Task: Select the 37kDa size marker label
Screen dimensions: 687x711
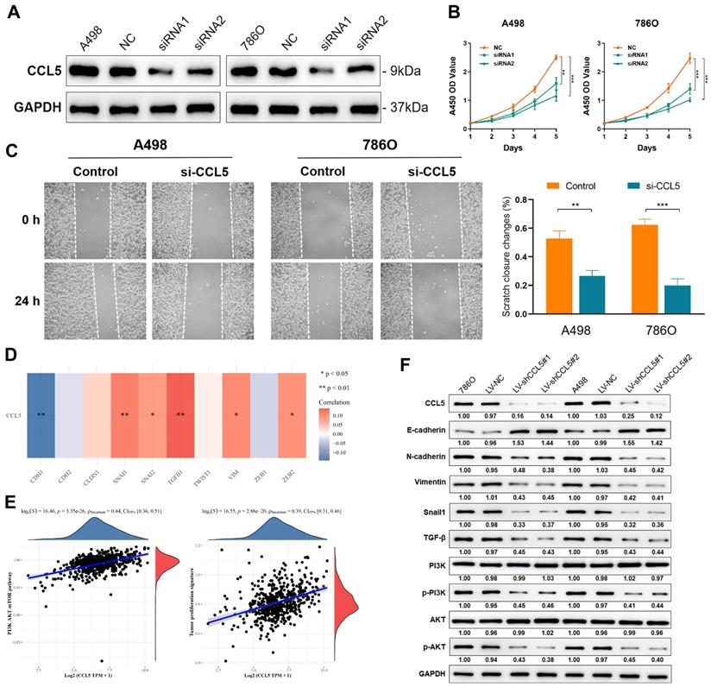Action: click(x=405, y=108)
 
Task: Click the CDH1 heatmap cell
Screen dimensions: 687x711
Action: click(x=41, y=414)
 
